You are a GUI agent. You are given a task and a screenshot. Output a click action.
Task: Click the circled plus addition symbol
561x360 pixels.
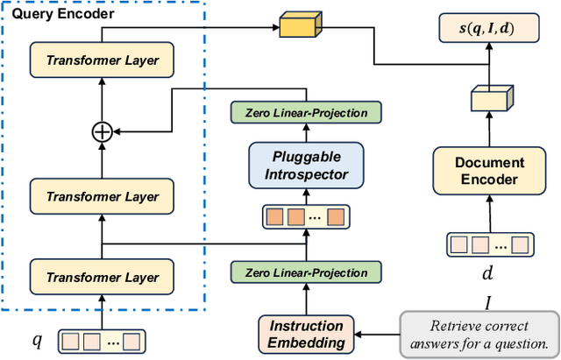point(103,131)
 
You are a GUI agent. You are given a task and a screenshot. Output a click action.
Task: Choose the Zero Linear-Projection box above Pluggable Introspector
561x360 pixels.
point(305,112)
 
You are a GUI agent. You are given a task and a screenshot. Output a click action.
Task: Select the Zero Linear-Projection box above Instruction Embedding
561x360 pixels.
point(305,272)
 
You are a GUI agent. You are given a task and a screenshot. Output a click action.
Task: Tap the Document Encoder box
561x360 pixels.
point(489,171)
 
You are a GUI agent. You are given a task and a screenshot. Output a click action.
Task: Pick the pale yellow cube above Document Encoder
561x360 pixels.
point(487,101)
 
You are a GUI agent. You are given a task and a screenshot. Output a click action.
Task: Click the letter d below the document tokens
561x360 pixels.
point(488,272)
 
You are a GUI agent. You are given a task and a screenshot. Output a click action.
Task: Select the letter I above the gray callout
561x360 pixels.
point(488,302)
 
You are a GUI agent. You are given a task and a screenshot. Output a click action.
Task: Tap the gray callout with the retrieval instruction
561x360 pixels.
point(478,335)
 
